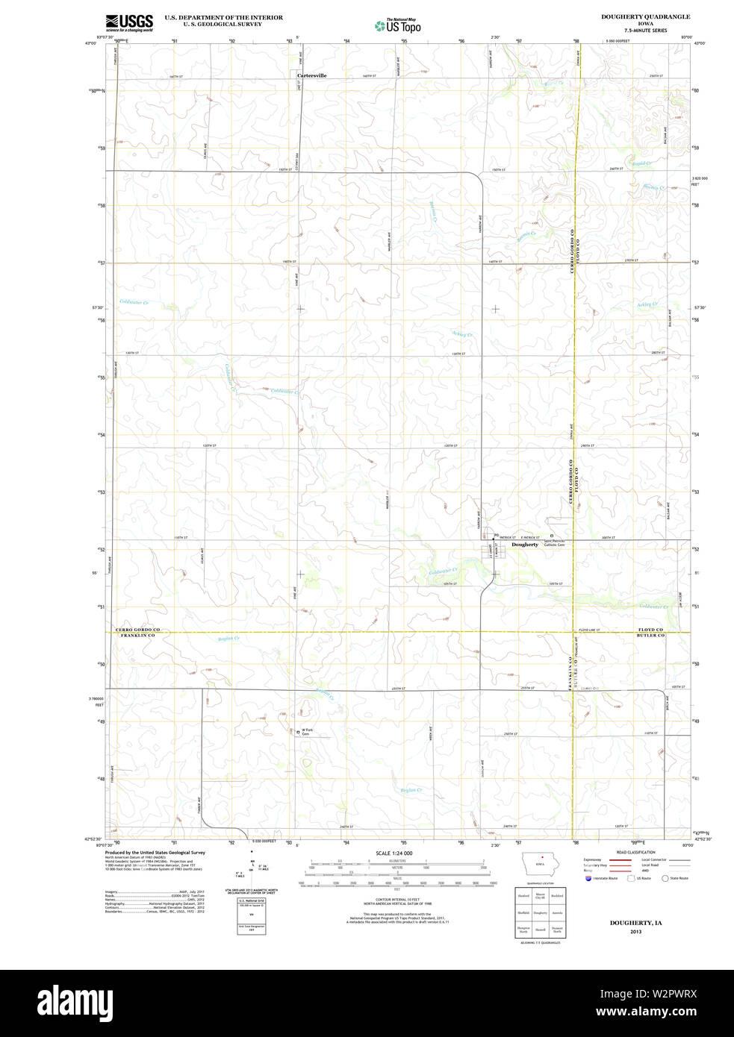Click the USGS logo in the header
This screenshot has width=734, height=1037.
(x=129, y=22)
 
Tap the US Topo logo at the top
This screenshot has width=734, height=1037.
(x=398, y=26)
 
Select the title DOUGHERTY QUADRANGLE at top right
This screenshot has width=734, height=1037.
(x=645, y=16)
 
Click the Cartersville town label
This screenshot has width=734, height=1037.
(x=311, y=75)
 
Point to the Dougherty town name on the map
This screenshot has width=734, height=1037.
(x=525, y=545)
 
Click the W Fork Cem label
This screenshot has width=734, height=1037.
(x=305, y=733)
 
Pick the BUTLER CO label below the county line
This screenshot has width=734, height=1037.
(x=650, y=636)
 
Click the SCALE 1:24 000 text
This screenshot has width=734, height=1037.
(x=394, y=853)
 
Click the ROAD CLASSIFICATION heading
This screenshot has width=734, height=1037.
(x=635, y=852)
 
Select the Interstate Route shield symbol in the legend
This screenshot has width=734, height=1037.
(x=588, y=878)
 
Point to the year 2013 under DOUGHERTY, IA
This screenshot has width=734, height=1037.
(x=635, y=932)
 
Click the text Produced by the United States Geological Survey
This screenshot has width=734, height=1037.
(x=155, y=852)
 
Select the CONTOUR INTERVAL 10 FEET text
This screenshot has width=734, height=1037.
(x=396, y=900)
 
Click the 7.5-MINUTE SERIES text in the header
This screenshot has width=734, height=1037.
(x=645, y=31)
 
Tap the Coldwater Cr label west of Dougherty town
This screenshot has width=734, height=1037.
(x=443, y=571)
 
